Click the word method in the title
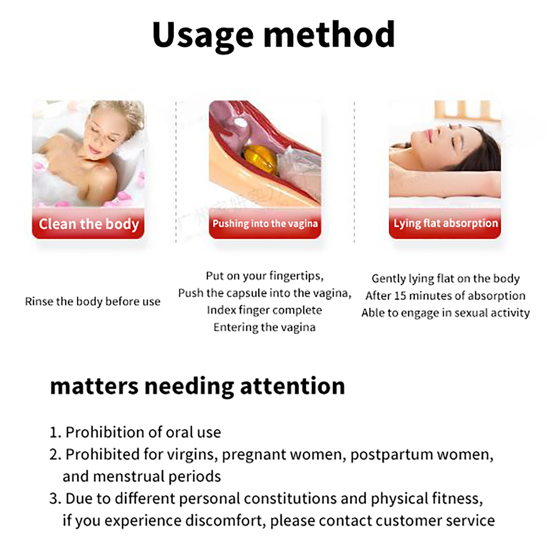(329, 34)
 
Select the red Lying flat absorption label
(445, 223)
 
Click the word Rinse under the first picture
(39, 302)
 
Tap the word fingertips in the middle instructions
(296, 276)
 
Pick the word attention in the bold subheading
(293, 386)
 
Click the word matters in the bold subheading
(94, 387)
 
